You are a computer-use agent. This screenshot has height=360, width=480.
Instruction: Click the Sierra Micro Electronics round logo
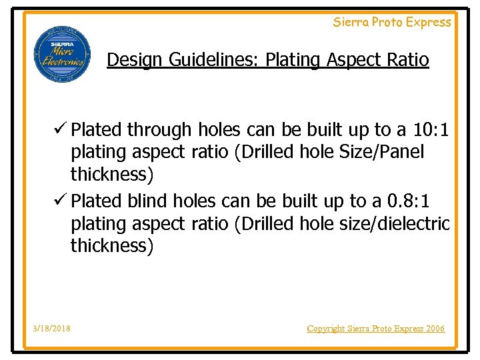[x=59, y=55]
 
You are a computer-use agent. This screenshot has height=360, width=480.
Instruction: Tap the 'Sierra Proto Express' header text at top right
[x=392, y=22]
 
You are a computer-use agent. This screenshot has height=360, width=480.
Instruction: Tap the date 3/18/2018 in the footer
[x=52, y=328]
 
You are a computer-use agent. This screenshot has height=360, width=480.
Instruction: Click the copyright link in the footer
[x=375, y=328]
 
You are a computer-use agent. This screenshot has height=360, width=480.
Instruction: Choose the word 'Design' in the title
[x=135, y=60]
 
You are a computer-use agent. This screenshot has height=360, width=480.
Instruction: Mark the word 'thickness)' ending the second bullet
[x=112, y=246]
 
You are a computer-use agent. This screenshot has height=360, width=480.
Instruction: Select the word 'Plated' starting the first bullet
[x=97, y=129]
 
